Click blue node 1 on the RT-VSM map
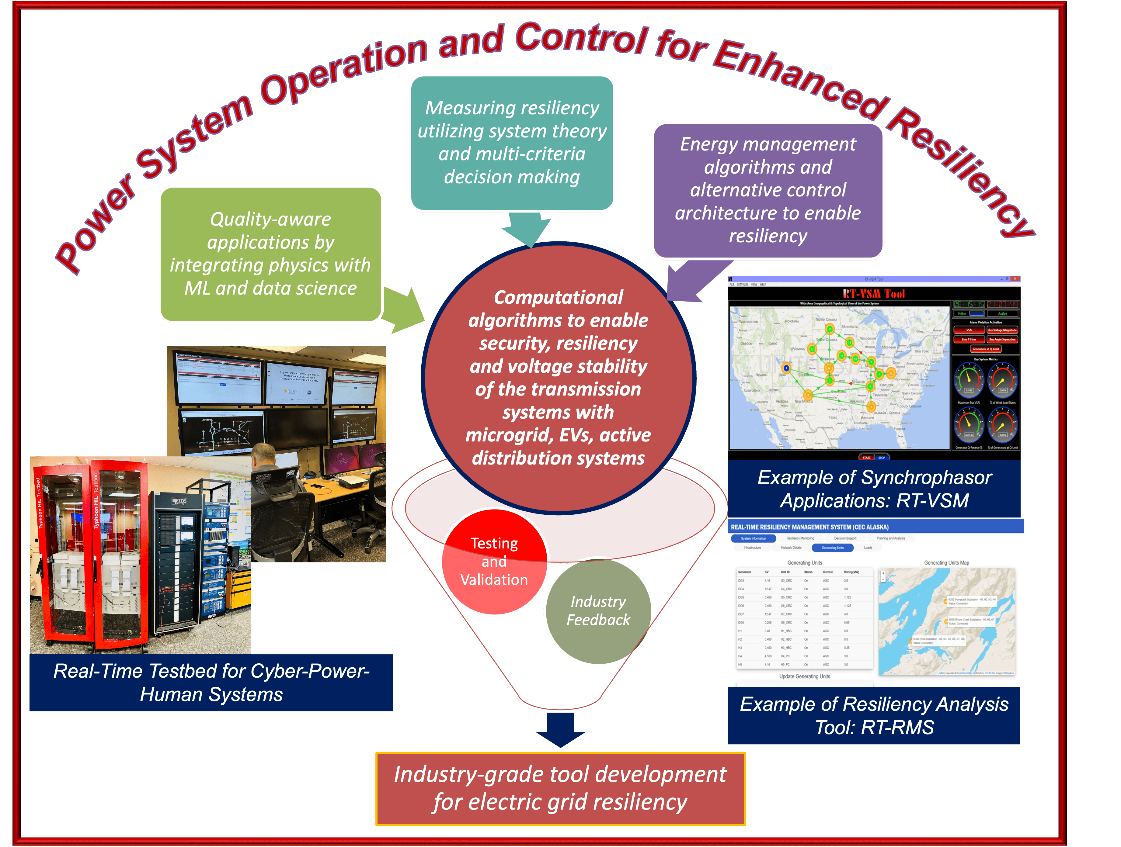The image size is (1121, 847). [786, 368]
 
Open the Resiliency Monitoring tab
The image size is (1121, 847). [800, 538]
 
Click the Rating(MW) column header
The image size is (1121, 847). [851, 572]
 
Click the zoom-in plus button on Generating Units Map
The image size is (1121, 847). [883, 573]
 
